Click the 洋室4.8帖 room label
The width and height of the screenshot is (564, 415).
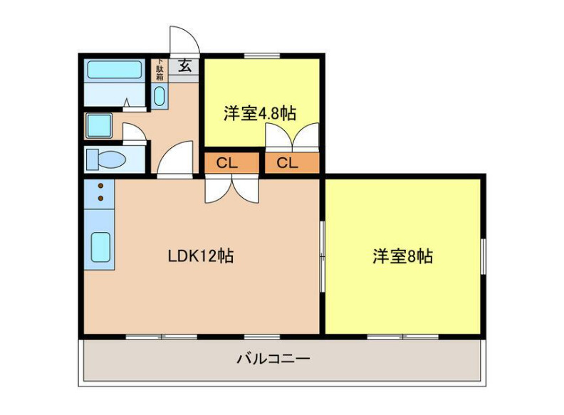(x=260, y=113)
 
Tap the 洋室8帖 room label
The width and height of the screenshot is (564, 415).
(x=402, y=256)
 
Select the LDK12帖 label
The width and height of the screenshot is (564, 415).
(x=201, y=256)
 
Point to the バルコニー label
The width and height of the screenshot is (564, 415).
(x=273, y=358)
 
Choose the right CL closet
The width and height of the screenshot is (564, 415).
(x=288, y=163)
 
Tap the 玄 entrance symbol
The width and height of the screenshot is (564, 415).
(x=184, y=67)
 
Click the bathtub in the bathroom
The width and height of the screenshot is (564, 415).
(x=114, y=70)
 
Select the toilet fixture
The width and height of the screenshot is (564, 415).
(x=105, y=159)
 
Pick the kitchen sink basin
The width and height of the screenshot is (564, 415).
(x=101, y=247)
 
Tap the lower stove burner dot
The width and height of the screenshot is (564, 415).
(x=100, y=197)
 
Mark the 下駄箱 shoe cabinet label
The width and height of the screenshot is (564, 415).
(x=160, y=70)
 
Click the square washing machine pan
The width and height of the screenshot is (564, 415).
(x=98, y=126)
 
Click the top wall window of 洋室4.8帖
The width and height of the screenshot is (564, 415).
(x=262, y=56)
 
